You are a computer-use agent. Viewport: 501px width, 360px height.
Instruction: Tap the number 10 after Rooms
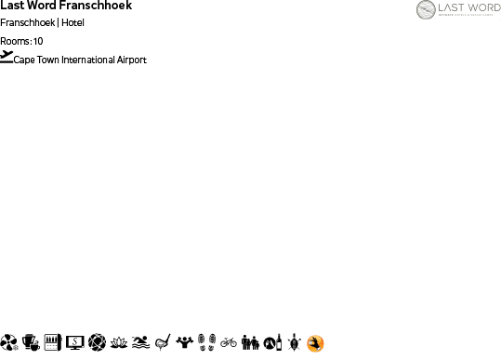tap(38, 41)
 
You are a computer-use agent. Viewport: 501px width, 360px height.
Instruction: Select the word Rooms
tap(15, 41)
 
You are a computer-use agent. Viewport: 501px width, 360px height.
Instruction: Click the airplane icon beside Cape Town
tap(7, 57)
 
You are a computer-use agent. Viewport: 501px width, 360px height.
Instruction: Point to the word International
tap(89, 60)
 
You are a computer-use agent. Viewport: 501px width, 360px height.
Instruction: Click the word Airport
tap(133, 60)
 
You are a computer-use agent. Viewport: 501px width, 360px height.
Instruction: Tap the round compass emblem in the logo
tap(428, 10)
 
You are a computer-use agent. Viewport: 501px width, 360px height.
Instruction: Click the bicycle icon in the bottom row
tap(229, 342)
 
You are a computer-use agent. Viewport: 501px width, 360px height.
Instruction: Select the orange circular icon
tap(315, 343)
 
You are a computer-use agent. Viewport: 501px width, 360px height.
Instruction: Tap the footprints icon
tap(207, 342)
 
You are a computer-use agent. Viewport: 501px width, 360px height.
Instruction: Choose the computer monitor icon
tap(75, 342)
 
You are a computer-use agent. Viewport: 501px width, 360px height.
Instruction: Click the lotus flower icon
tap(118, 342)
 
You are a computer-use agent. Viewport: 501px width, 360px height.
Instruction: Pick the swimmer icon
tap(140, 342)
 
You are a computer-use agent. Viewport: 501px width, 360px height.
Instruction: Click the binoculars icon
tap(250, 342)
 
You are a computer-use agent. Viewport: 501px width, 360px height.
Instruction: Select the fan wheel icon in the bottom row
tap(9, 342)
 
